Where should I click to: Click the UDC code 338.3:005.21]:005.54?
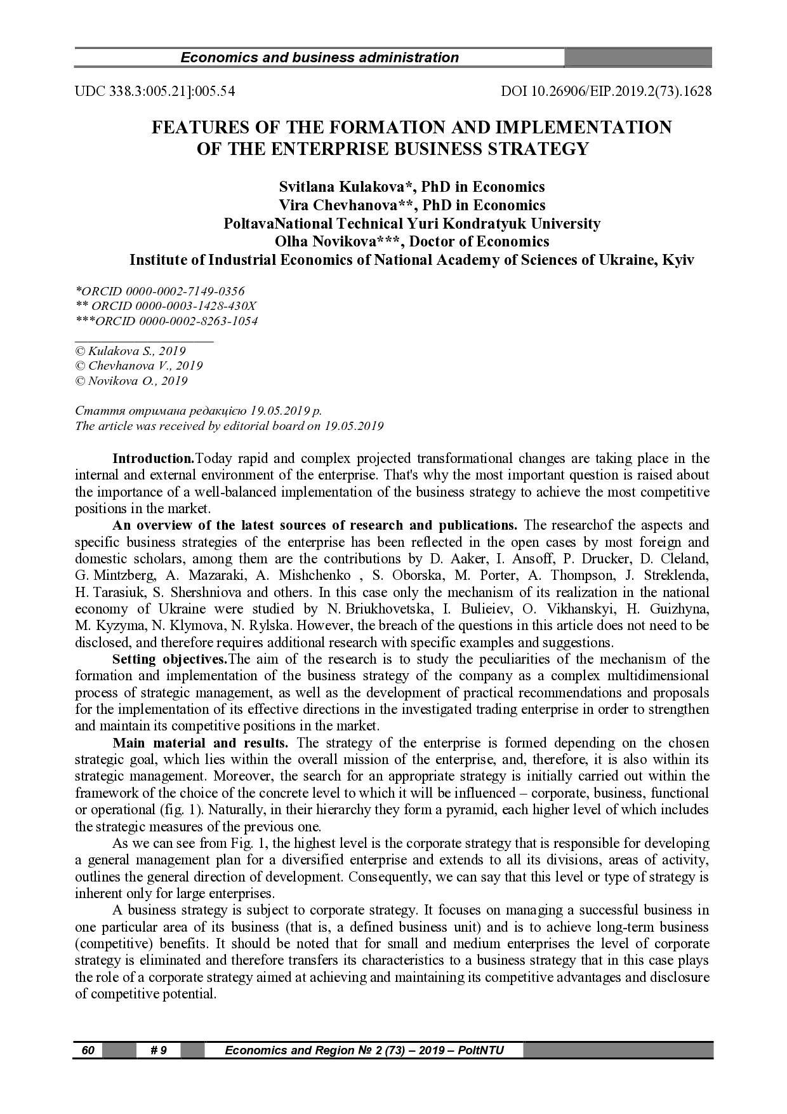155,91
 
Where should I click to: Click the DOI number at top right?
606,91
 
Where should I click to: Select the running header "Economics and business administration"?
319,58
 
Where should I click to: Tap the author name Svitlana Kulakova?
346,187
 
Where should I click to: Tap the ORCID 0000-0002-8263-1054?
166,321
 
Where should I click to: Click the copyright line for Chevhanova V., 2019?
139,366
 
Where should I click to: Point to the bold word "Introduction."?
153,459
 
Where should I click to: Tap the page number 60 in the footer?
88,1050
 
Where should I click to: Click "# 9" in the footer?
159,1050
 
